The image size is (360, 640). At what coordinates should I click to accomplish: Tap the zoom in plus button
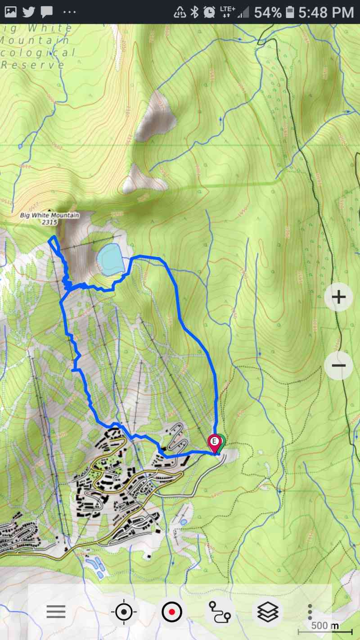pos(338,297)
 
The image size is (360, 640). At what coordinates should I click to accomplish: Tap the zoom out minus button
pos(338,365)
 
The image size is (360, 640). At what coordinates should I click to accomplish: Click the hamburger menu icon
pos(56,612)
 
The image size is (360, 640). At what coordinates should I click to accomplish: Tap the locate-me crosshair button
pos(124,612)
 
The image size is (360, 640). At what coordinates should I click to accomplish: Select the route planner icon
pos(219,612)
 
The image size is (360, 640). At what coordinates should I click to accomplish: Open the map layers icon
pos(268,612)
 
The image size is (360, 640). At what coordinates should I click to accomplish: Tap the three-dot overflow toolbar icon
pos(310,612)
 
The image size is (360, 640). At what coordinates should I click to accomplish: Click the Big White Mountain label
pos(49,215)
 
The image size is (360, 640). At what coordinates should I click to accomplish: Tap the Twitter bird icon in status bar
pos(29,12)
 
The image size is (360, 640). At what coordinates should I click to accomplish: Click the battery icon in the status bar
pos(289,12)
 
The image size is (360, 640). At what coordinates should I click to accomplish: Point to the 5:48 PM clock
pos(326,12)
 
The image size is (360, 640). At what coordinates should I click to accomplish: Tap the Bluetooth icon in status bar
pos(194,12)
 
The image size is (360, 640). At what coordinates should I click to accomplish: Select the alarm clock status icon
pos(209,12)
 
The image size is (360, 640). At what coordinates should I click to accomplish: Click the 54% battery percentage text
pos(268,12)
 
